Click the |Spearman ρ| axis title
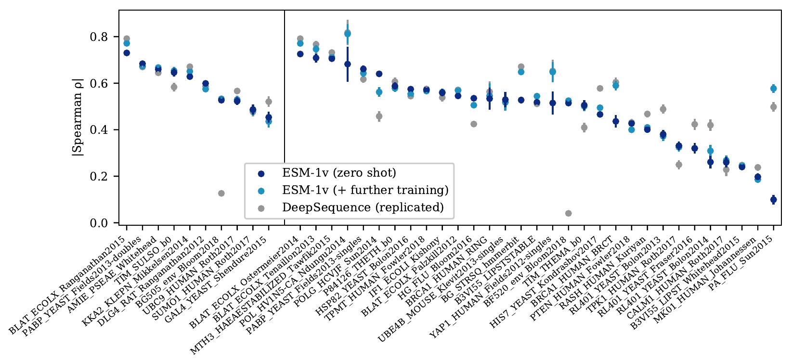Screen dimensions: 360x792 pos(77,117)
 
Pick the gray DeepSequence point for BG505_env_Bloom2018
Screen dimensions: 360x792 pos(221,193)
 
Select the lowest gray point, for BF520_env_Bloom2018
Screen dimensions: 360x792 pos(568,213)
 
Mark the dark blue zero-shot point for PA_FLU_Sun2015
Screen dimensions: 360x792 pos(773,199)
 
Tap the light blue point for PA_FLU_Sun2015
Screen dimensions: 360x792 pos(773,89)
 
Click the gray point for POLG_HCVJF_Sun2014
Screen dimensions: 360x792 pos(379,116)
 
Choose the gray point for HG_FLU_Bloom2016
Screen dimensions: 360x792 pos(474,124)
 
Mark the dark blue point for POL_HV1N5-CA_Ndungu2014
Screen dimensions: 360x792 pos(347,64)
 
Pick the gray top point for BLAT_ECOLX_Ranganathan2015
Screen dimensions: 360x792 pos(127,39)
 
